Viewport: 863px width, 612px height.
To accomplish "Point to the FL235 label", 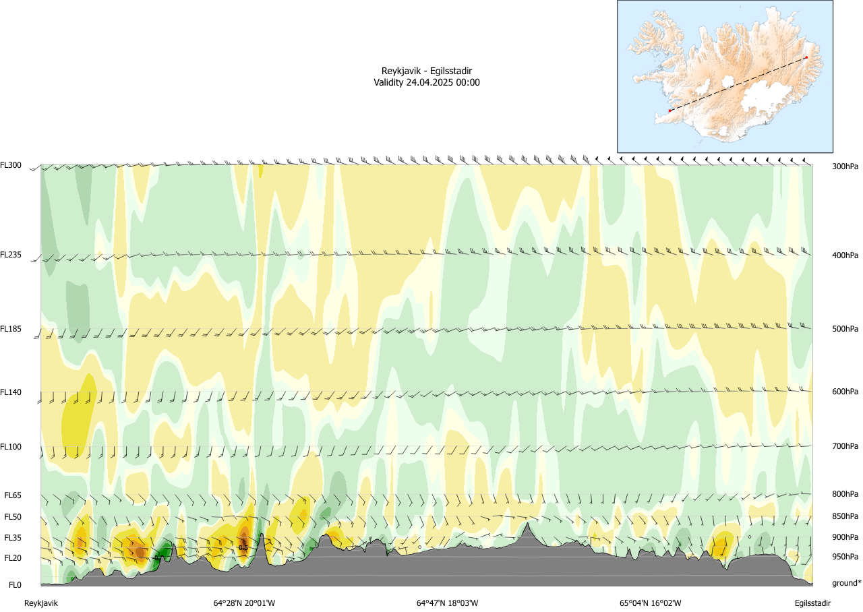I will tap(11, 255).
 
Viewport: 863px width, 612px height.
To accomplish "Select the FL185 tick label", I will tap(11, 329).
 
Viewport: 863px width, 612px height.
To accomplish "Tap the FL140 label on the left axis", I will tap(11, 392).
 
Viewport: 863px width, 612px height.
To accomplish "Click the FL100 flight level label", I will tap(11, 446).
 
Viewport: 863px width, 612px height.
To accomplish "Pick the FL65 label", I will tap(13, 495).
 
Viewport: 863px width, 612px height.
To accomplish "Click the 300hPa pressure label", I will tap(846, 166).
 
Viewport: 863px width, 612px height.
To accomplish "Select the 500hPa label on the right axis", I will tap(846, 329).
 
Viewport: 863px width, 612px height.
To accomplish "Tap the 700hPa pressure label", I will tap(846, 446).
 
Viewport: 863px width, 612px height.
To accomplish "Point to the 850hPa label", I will tap(846, 516).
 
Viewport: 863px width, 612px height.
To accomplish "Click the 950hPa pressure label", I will tap(846, 557).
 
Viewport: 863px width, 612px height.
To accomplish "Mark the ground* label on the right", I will tap(847, 583).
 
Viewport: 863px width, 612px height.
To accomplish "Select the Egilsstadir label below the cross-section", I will tap(812, 603).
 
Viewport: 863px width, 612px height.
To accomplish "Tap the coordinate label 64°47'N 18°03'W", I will tap(447, 603).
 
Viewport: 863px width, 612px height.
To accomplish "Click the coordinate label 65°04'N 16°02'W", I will tap(651, 603).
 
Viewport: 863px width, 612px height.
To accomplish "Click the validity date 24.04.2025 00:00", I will tap(443, 82).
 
